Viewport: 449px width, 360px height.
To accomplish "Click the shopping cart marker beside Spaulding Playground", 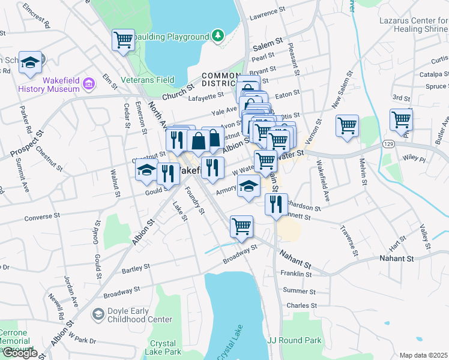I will [x=123, y=41].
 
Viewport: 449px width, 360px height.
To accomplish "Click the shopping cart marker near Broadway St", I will [x=241, y=227].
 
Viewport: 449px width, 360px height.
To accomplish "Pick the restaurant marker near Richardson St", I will [x=276, y=205].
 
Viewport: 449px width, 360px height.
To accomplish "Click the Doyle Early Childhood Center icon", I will [x=97, y=314].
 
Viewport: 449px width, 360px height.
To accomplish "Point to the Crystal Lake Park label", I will [x=162, y=348].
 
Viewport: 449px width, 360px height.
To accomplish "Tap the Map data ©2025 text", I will [x=423, y=355].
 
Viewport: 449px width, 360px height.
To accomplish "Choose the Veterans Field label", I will [x=148, y=80].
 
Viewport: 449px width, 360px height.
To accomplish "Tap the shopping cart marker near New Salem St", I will [x=347, y=126].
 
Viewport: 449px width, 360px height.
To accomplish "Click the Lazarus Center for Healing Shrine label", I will [x=413, y=25].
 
